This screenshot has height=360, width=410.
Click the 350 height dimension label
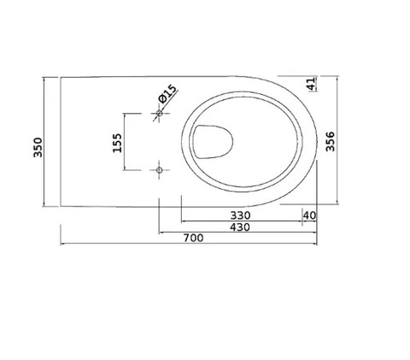tap(38, 147)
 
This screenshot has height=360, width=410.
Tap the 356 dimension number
tap(331, 141)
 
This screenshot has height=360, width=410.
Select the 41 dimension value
tap(312, 83)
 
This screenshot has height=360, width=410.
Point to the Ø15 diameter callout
tap(167, 93)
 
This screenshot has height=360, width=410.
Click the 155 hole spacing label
tap(117, 143)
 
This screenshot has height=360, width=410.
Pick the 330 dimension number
tap(240, 215)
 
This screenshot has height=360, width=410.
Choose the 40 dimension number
tap(309, 215)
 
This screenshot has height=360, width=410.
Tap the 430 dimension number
tap(240, 227)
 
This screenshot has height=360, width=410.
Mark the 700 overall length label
tap(193, 238)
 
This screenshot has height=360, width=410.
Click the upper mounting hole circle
tap(160, 114)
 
